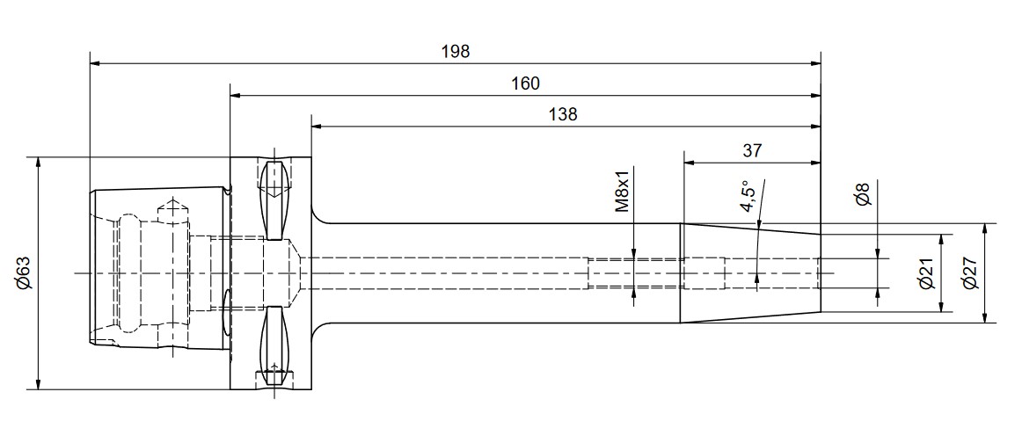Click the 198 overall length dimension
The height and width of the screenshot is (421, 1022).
point(456,52)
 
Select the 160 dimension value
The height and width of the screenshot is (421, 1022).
point(526,83)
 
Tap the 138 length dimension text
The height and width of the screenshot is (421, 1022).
point(563,115)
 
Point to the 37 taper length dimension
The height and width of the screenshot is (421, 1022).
point(752,151)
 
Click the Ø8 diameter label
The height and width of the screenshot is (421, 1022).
point(863,195)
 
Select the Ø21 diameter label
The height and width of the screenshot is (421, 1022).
point(927,273)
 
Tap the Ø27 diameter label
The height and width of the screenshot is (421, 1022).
point(969,273)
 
